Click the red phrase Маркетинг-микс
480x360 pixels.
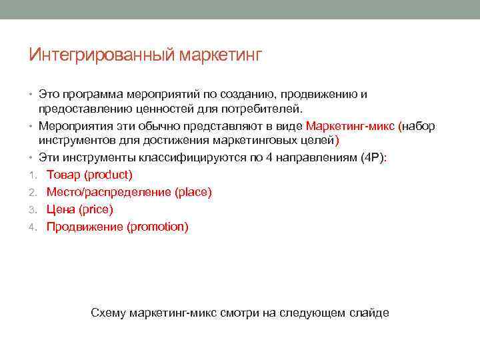pyautogui.click(x=349, y=126)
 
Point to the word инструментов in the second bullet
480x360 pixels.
pyautogui.click(x=75, y=141)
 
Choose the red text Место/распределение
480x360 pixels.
pyautogui.click(x=109, y=192)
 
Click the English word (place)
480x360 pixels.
pyautogui.click(x=193, y=192)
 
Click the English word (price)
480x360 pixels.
pyautogui.click(x=96, y=209)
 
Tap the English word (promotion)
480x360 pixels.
pyautogui.click(x=157, y=227)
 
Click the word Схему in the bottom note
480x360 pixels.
pyautogui.click(x=108, y=313)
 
